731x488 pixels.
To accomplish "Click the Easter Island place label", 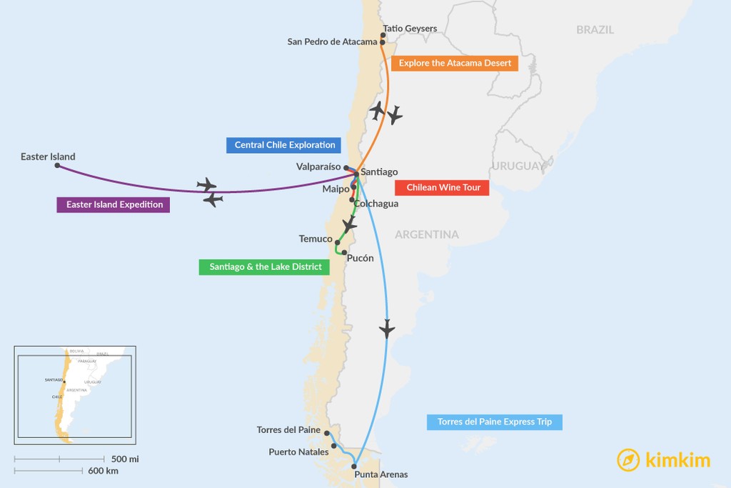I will click(x=48, y=156).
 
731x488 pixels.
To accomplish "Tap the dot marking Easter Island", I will click(x=57, y=166).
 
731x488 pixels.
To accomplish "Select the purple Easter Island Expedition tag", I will click(x=114, y=205).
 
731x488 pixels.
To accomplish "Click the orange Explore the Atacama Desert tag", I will click(x=455, y=63).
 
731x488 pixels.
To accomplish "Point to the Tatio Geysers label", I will click(x=410, y=29).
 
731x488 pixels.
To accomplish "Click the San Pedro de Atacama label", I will click(x=332, y=41).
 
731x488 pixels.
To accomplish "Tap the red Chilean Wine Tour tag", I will click(x=443, y=188).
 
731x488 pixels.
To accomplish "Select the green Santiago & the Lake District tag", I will click(x=265, y=267).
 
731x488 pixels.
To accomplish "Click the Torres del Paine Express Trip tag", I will click(x=494, y=422).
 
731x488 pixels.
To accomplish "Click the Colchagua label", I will click(x=376, y=204).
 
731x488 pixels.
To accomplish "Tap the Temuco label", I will click(x=316, y=239).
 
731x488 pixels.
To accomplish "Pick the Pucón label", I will click(x=360, y=258).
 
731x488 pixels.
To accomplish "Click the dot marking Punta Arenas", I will click(x=354, y=466).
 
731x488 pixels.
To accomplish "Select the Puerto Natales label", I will click(x=298, y=452).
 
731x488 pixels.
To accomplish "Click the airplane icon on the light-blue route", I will click(x=387, y=329).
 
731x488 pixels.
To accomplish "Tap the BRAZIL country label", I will click(x=595, y=30).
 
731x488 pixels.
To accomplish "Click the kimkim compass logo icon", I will click(x=628, y=460).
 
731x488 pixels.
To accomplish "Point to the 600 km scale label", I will click(x=104, y=471).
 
